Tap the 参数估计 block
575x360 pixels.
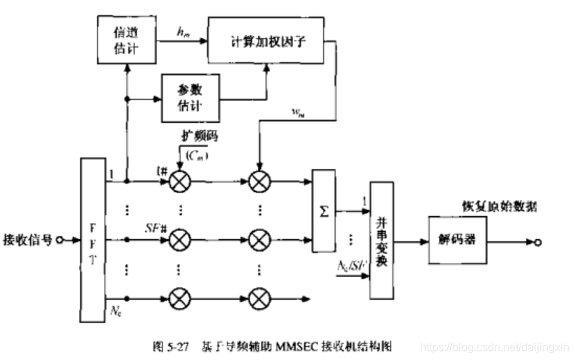tap(190, 98)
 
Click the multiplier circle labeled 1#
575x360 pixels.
tap(179, 183)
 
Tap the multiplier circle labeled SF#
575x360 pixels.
tap(179, 239)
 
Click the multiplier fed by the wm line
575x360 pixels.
tap(259, 183)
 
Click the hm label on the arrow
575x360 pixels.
tap(183, 31)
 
